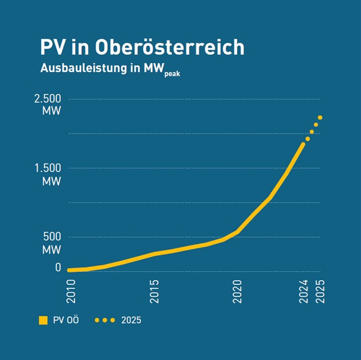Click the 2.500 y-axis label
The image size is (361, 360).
click(x=48, y=99)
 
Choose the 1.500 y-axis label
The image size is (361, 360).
click(x=48, y=168)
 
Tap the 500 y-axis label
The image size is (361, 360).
click(x=52, y=237)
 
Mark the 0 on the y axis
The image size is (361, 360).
click(x=58, y=268)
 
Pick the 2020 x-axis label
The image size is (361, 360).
click(x=237, y=293)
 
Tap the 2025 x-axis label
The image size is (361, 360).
click(x=320, y=293)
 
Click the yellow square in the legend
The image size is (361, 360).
click(x=43, y=321)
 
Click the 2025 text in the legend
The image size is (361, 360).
click(x=131, y=321)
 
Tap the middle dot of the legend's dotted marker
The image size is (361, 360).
click(x=104, y=321)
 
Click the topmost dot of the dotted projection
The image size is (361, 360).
click(x=320, y=117)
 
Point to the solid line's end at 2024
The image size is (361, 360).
click(x=303, y=144)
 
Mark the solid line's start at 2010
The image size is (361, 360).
click(x=69, y=270)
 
